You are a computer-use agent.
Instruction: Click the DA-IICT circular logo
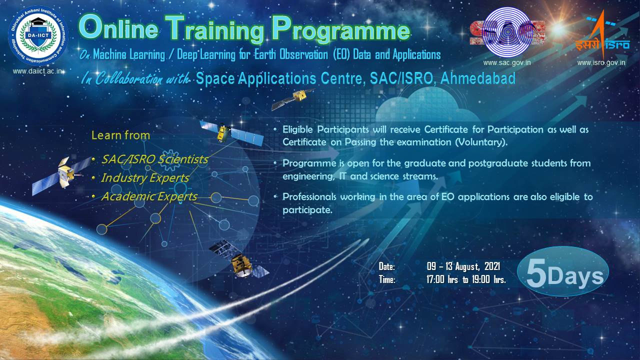click(38, 35)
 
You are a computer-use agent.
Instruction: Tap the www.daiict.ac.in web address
click(37, 71)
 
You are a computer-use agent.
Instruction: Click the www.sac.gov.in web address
click(507, 62)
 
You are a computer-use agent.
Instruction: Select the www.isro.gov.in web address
click(601, 62)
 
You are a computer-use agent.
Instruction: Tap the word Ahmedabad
click(478, 78)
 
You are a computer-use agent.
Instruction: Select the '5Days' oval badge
click(563, 271)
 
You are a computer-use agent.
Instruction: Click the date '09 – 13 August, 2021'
click(463, 266)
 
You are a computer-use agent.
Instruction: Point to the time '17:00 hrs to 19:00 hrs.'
click(466, 279)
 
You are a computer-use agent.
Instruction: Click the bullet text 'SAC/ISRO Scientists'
click(154, 159)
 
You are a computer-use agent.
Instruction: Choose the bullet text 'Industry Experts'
click(145, 177)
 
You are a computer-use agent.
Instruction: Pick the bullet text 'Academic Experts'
click(149, 196)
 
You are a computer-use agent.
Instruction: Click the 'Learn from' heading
click(120, 135)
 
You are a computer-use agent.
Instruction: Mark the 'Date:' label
click(386, 266)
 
